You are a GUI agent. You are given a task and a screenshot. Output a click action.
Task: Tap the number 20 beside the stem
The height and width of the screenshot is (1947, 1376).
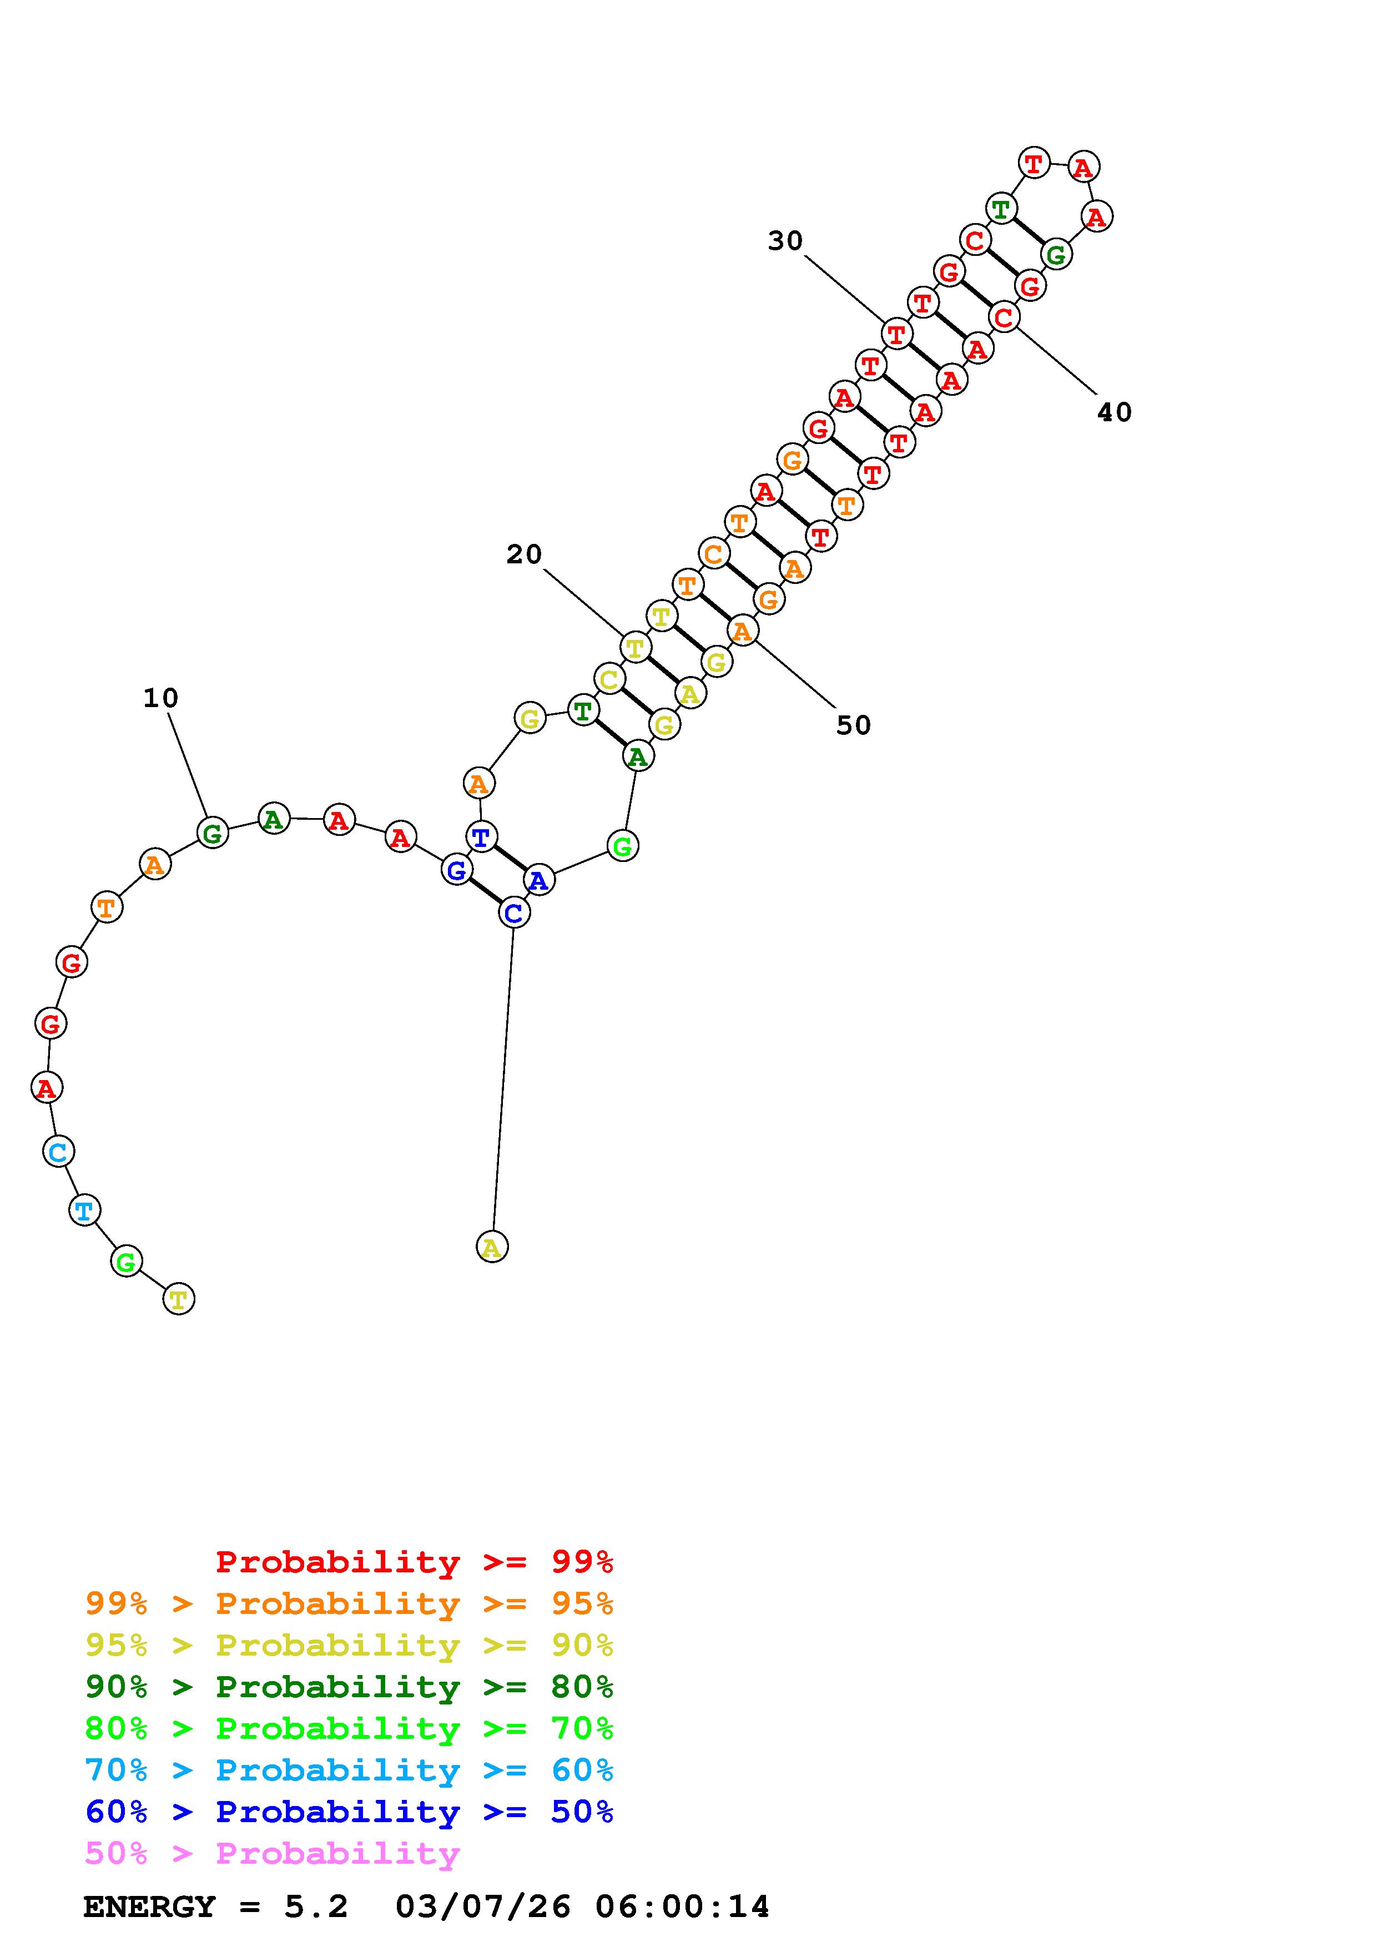[524, 554]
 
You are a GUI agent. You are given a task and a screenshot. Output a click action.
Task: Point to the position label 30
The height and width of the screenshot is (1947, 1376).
[785, 241]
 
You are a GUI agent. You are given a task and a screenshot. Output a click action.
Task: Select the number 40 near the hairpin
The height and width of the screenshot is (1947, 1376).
[1114, 412]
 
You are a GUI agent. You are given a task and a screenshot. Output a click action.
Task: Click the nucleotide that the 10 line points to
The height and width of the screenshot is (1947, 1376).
[213, 833]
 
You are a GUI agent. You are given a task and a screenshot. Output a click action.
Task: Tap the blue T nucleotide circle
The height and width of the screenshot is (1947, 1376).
[481, 837]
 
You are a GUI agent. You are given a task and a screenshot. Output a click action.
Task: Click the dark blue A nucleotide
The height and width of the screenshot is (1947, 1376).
[539, 880]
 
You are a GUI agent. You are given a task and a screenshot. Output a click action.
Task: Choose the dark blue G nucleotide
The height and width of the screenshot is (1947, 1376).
[457, 869]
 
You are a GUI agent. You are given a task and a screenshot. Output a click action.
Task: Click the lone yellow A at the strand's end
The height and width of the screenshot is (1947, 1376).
[492, 1247]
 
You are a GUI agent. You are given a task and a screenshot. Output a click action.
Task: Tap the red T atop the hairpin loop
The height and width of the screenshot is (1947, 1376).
[1034, 162]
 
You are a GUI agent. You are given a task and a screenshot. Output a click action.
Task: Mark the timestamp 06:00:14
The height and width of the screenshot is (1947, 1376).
[683, 1907]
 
